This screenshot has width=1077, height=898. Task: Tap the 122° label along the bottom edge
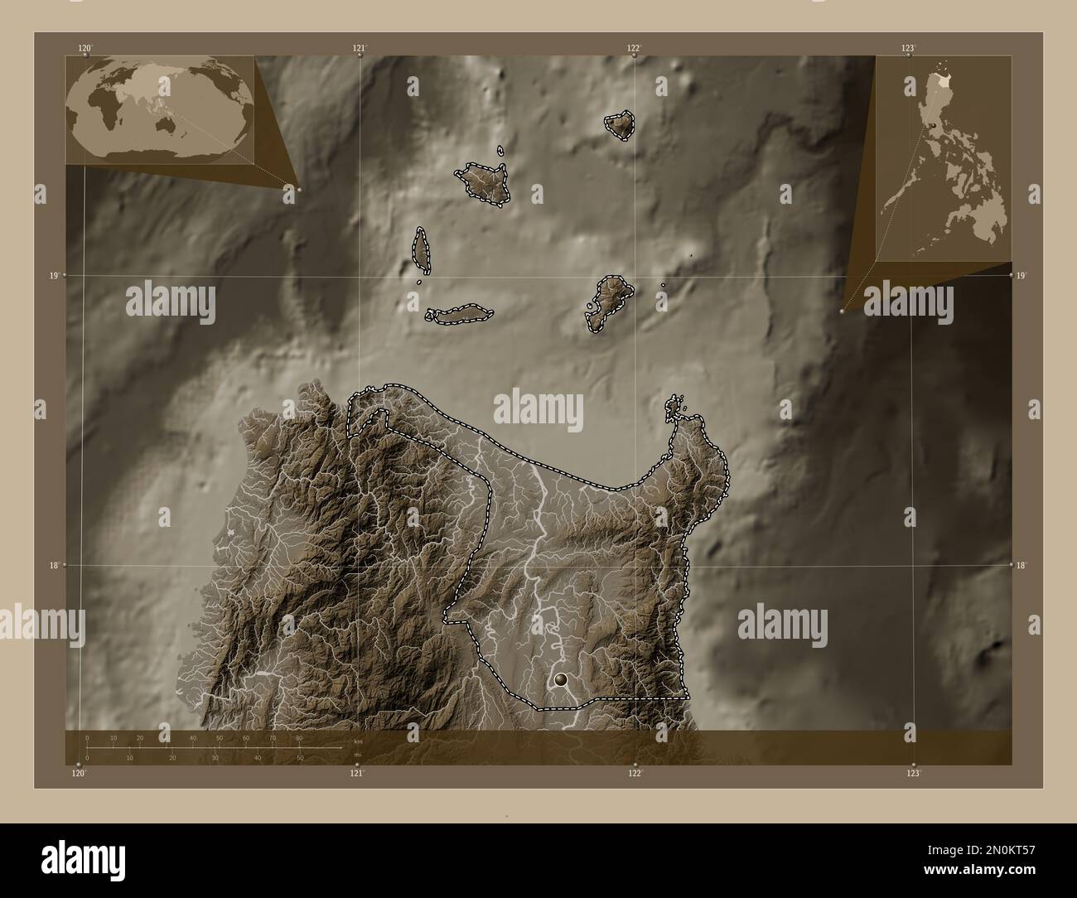click(x=635, y=773)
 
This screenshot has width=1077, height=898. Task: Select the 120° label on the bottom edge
click(x=79, y=773)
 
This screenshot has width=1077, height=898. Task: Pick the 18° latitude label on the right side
click(x=1021, y=565)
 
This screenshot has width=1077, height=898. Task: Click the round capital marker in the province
click(x=563, y=680)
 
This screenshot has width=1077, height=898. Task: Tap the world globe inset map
click(x=160, y=110)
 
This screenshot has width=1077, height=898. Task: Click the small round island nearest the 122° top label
click(x=620, y=125)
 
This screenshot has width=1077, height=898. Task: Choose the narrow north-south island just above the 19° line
click(x=421, y=249)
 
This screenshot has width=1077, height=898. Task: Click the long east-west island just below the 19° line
click(x=460, y=315)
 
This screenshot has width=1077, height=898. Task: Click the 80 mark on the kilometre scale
click(x=299, y=737)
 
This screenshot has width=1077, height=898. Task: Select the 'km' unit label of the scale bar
click(x=358, y=741)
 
